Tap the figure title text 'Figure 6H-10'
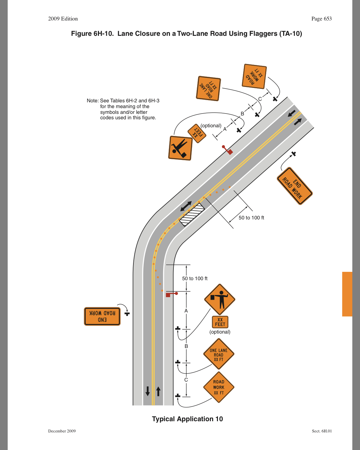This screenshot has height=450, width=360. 92,34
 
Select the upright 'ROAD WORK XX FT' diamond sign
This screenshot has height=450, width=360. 219,387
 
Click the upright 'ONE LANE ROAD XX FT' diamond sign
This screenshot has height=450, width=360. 219,355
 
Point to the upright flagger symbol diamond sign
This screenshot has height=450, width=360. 220,300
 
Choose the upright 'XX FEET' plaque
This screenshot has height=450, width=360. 220,322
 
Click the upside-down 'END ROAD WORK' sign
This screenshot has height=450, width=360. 102,316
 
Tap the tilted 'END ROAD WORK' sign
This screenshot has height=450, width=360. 294,186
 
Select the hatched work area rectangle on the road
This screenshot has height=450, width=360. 192,214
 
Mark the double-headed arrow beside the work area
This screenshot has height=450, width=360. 186,206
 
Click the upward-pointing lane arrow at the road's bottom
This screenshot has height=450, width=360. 158,391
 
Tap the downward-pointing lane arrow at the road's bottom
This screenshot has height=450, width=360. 148,391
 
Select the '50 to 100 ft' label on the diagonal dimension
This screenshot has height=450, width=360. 251,218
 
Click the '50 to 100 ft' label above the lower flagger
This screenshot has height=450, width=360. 195,279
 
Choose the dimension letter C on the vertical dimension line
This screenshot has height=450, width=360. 186,380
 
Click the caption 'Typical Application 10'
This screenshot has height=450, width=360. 187,419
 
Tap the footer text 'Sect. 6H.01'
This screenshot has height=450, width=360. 322,431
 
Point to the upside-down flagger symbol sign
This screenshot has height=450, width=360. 180,148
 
